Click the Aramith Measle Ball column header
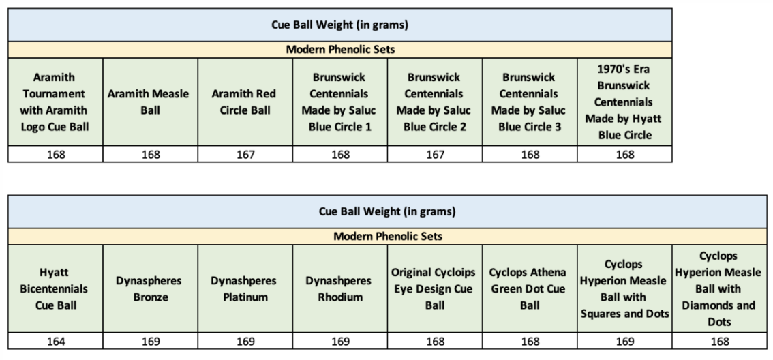coord(151,102)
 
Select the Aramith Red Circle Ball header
coord(245,102)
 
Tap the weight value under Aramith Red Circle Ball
coord(245,155)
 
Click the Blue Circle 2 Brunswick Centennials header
coord(435,102)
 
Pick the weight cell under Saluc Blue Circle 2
coord(435,155)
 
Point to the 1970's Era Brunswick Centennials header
coord(624,102)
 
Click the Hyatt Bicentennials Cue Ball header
coord(56,288)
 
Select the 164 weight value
coord(56,342)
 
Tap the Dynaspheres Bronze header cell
coord(151,288)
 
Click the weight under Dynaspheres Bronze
coord(151,342)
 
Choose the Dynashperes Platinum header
coord(245,288)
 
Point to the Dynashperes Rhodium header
coord(340,288)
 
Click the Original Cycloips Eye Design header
coord(435,288)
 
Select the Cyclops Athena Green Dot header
coord(529,288)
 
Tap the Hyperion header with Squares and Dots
coord(624,288)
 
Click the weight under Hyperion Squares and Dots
coord(624,342)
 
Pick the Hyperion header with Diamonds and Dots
coord(719,288)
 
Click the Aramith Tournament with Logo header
coord(56,102)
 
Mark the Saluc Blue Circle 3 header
coord(530,102)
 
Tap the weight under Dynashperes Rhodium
coord(340,342)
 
